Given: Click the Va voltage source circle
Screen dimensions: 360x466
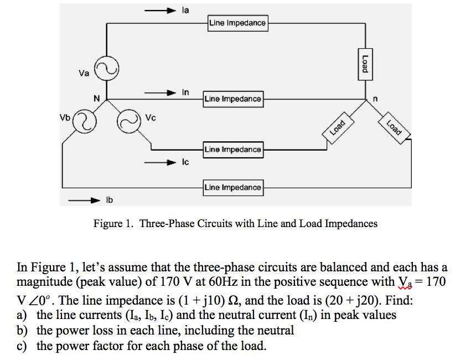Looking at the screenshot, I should click(106, 69).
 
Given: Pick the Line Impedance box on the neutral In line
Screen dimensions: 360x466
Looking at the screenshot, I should click(233, 99).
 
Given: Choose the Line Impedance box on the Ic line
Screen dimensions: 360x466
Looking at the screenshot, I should click(233, 150).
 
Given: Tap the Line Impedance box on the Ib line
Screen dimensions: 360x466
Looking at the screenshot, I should click(233, 188).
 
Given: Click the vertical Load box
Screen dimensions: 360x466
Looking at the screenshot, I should click(364, 62).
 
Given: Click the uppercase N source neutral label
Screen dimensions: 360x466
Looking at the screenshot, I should click(96, 99).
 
